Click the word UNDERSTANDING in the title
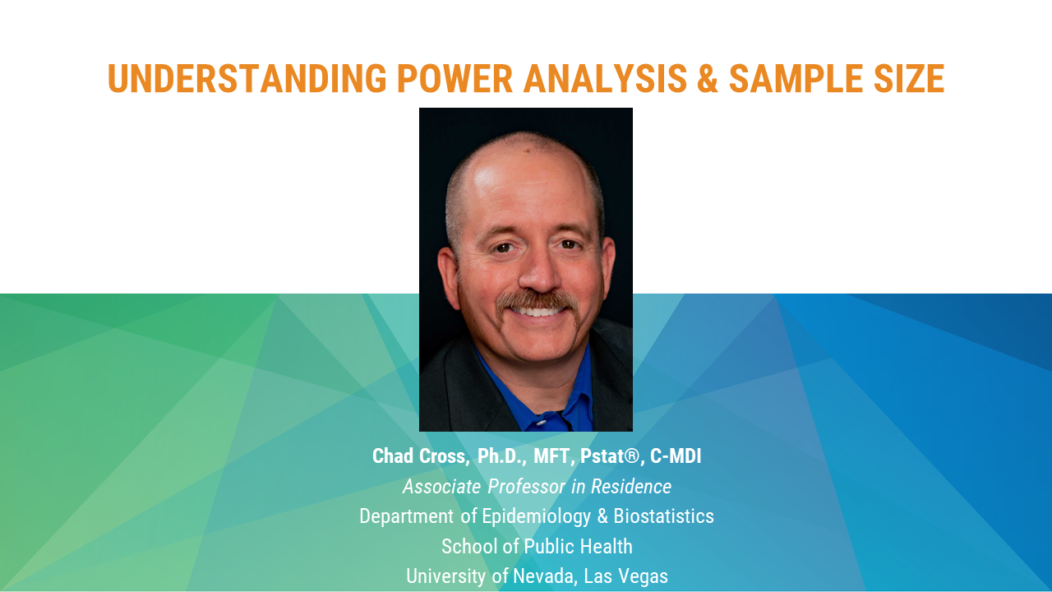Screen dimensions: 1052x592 [247, 78]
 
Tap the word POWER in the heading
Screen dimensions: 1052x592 [454, 78]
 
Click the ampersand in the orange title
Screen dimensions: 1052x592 [708, 78]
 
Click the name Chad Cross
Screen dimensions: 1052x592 [421, 456]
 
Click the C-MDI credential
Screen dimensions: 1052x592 [676, 456]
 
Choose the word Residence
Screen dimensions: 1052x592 [631, 486]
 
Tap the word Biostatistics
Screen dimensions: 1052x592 [663, 516]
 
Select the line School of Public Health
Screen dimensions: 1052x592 [537, 547]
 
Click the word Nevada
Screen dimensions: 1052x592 [544, 576]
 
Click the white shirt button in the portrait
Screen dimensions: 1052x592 [541, 423]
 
